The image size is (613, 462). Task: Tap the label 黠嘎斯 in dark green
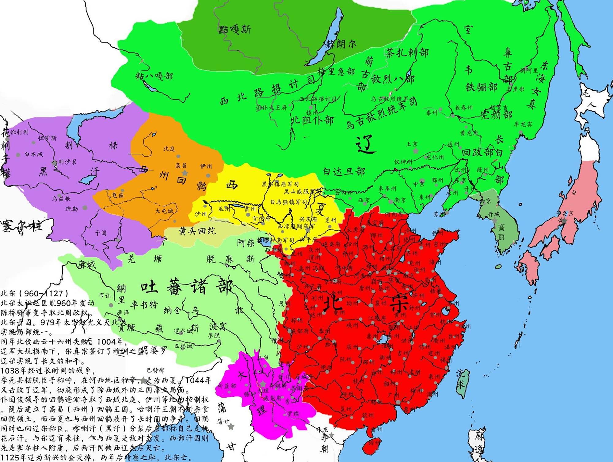pyautogui.click(x=234, y=29)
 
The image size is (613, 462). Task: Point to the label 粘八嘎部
pyautogui.click(x=154, y=76)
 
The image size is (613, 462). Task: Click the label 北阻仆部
pyautogui.click(x=312, y=120)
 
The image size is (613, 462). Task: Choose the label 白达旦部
pyautogui.click(x=344, y=171)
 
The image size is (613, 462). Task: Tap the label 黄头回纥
pyautogui.click(x=197, y=231)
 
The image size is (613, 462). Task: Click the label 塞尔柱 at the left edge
pyautogui.click(x=22, y=227)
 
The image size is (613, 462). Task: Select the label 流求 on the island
pyautogui.click(x=461, y=379)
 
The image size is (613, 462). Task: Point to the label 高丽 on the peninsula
pyautogui.click(x=501, y=232)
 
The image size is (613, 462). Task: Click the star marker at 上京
pyautogui.click(x=416, y=151)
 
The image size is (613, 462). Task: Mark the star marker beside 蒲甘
pyautogui.click(x=231, y=426)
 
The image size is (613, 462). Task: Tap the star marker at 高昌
pyautogui.click(x=185, y=173)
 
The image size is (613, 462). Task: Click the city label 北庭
pyautogui.click(x=169, y=149)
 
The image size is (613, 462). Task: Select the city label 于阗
pyautogui.click(x=101, y=233)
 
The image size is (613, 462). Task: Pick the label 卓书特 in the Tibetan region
pyautogui.click(x=144, y=304)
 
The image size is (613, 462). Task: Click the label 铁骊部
pyautogui.click(x=481, y=87)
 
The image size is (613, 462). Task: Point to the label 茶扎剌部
pyautogui.click(x=407, y=53)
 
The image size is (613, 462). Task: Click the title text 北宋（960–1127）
pyautogui.click(x=34, y=293)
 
